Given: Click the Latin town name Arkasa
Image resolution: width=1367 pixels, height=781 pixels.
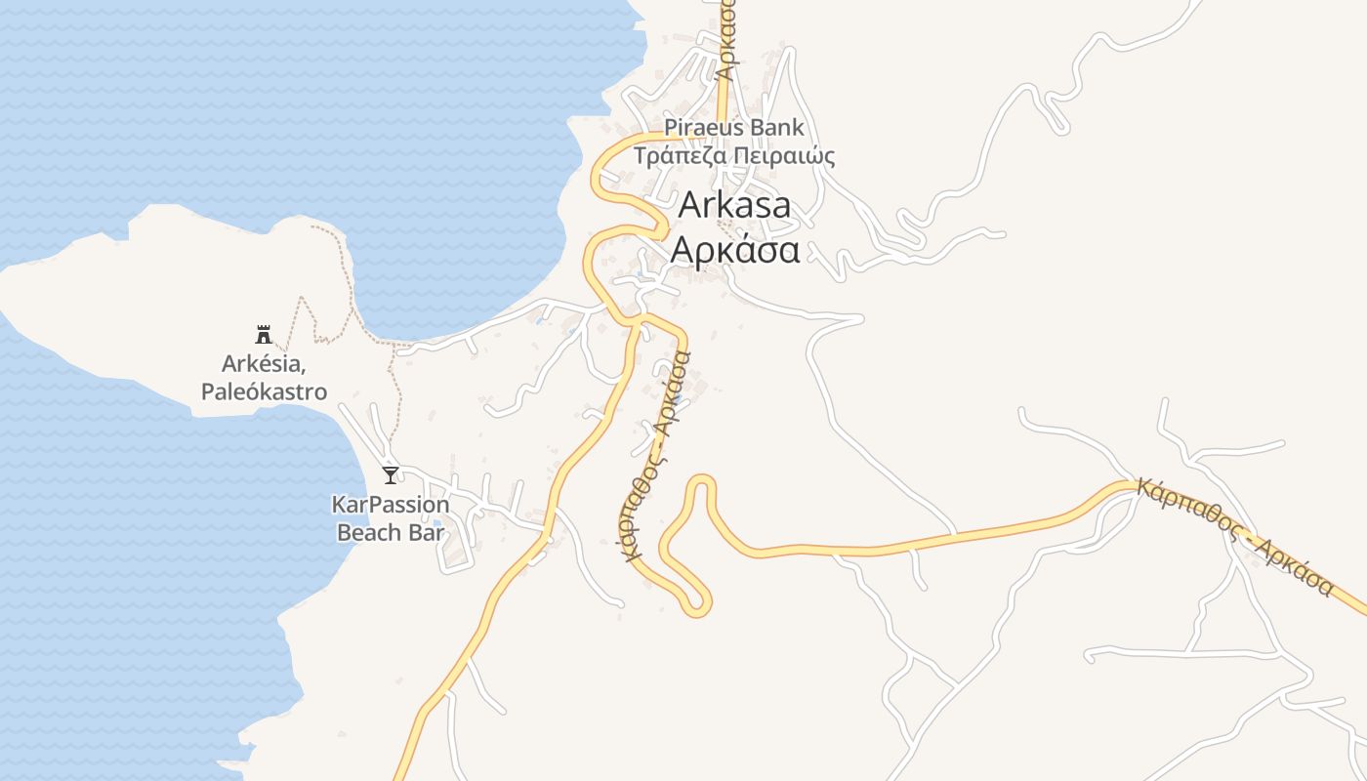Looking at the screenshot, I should click(734, 205).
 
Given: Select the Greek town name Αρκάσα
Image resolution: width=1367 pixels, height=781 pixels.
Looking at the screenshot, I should click(735, 250).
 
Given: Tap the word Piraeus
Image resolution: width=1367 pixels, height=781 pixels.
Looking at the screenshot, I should click(700, 127).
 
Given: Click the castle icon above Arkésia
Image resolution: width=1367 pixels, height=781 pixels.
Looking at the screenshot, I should click(264, 335).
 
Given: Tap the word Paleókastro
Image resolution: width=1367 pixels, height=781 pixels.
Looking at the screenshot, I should click(264, 392).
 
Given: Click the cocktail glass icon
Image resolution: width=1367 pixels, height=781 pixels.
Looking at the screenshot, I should click(391, 475).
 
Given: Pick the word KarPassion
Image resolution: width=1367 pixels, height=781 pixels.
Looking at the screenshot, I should click(391, 506).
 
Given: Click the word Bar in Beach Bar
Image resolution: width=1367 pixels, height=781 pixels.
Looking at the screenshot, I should click(427, 533).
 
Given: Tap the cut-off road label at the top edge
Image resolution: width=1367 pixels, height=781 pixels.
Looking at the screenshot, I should click(725, 39).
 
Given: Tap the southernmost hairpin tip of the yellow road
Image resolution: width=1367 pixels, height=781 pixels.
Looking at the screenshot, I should click(696, 610).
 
